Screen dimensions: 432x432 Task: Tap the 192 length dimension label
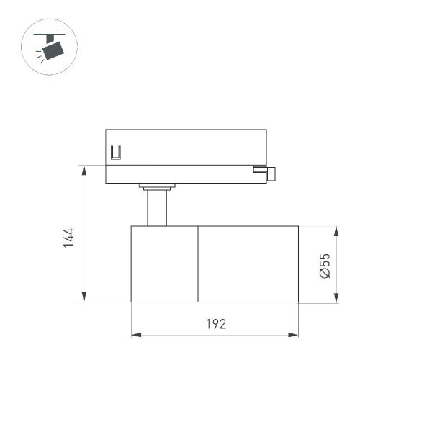tap(215, 323)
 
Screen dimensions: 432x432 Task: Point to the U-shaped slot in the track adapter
tap(115, 153)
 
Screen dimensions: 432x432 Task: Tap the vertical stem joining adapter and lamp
tap(157, 208)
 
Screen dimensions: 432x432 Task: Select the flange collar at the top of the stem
tap(156, 187)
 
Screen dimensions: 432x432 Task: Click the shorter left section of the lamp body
tap(164, 264)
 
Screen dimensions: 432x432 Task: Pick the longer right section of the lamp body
tap(248, 264)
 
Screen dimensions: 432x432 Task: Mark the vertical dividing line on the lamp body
tap(198, 264)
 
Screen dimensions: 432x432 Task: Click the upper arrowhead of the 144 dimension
tap(84, 170)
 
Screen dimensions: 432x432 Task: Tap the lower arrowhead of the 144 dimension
tap(84, 297)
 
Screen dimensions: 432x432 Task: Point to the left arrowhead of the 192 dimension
tap(135, 335)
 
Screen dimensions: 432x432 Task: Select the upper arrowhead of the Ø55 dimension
tap(336, 230)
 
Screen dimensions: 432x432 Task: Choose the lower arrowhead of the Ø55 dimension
tap(336, 297)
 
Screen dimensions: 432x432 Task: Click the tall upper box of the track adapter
tap(186, 147)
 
